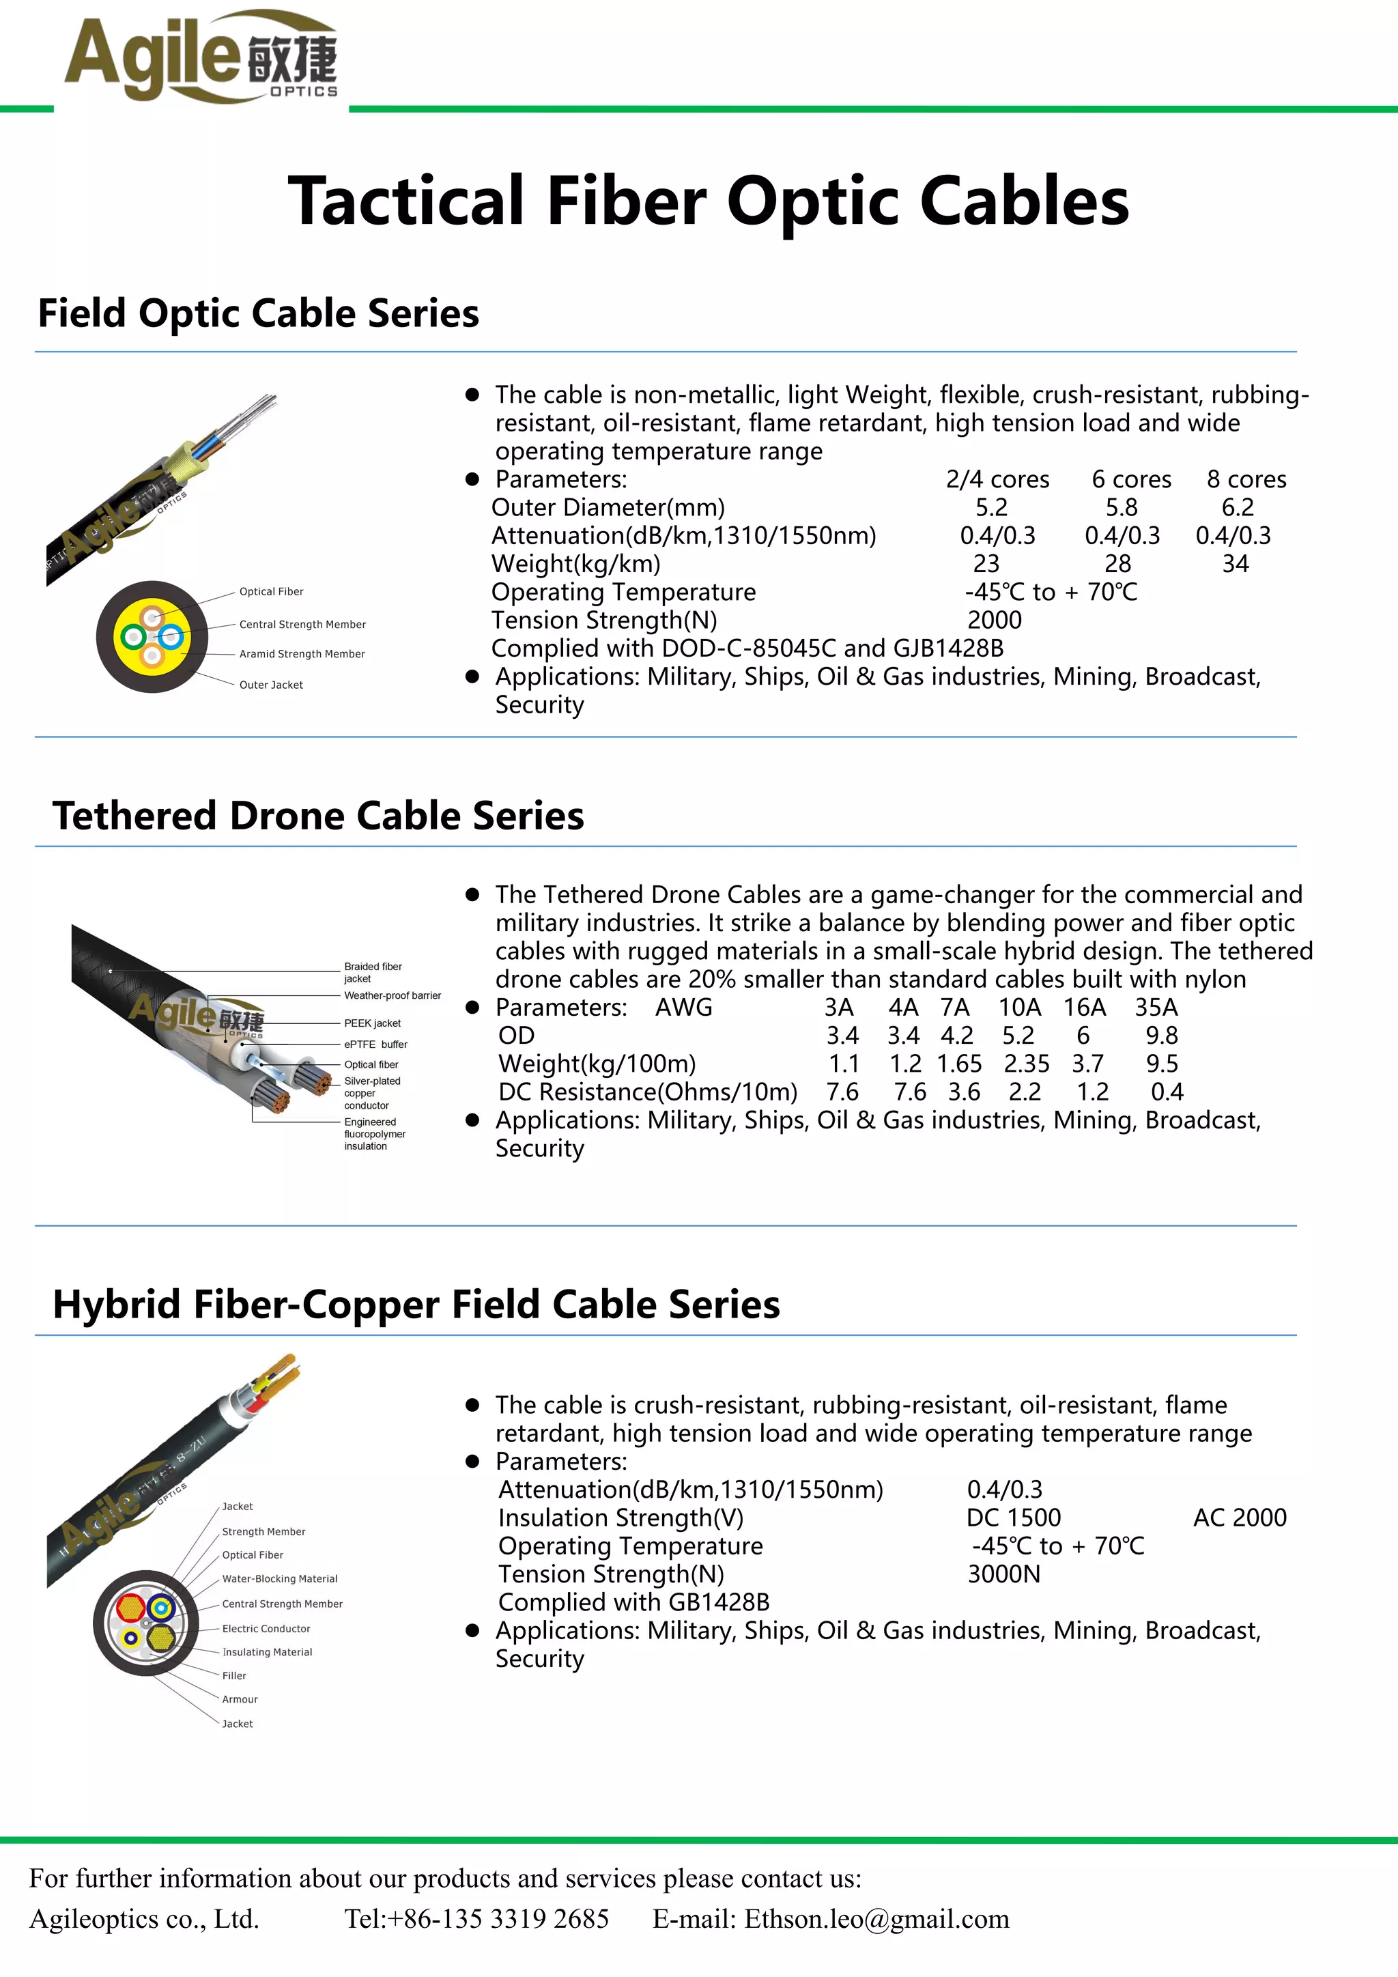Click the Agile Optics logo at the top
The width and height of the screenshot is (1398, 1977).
201,59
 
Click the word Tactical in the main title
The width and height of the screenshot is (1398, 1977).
405,201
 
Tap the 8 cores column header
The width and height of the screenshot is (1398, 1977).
1246,480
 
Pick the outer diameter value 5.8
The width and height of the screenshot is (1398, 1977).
1121,508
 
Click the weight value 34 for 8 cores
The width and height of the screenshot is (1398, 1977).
1236,564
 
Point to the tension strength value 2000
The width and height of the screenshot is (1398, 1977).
995,620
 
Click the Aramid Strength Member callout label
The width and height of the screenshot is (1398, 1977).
302,655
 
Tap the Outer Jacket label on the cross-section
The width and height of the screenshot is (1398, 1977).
271,685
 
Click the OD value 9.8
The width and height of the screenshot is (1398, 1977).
1161,1036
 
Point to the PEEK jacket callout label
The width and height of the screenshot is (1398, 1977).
372,1024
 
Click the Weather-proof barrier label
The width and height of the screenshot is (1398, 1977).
392,996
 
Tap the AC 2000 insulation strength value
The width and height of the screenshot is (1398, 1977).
1239,1518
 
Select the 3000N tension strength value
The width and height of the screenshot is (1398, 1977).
1003,1574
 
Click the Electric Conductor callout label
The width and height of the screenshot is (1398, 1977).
266,1629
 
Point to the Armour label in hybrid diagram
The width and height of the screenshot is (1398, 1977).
240,1700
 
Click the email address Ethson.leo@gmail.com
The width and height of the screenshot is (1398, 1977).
876,1918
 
